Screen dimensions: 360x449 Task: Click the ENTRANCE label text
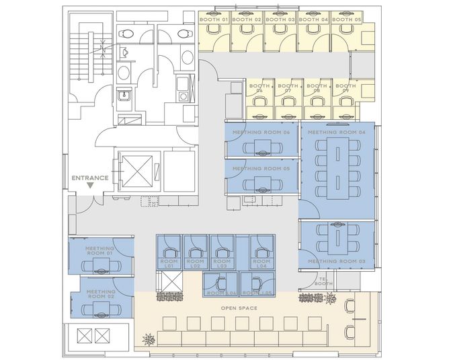tap(90, 178)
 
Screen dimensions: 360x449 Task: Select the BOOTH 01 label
tap(214, 20)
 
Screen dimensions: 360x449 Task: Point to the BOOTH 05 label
tap(346, 20)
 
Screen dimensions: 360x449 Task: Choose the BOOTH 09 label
tap(345, 89)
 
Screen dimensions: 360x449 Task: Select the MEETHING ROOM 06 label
tap(261, 132)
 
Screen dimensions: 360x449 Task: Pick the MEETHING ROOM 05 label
tap(261, 168)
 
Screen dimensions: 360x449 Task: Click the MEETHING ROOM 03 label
tap(337, 260)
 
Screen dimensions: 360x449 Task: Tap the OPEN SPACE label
tap(240, 308)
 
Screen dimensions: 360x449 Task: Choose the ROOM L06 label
tap(220, 293)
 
